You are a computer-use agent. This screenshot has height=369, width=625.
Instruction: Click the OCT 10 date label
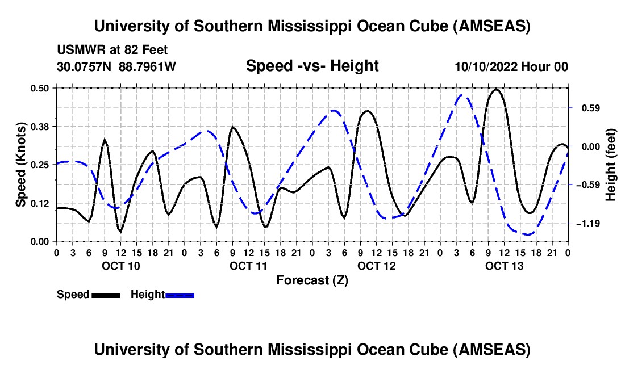120,266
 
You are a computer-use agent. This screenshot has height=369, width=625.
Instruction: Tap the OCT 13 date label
505,266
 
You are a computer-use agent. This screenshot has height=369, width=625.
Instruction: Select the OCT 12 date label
377,266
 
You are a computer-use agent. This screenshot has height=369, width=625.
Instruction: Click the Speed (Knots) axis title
21,164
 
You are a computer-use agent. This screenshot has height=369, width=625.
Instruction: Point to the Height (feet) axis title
611,164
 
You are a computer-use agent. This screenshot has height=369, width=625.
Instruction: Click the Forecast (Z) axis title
312,280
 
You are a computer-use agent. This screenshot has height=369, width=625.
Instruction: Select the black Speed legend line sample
106,295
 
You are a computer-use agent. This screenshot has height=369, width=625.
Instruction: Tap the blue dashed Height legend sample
180,295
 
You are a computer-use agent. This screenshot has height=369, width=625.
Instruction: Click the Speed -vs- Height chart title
312,66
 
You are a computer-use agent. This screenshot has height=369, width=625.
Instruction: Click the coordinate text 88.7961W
148,67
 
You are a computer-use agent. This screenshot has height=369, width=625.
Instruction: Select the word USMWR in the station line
77,51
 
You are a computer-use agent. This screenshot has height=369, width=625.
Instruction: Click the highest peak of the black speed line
496,89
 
